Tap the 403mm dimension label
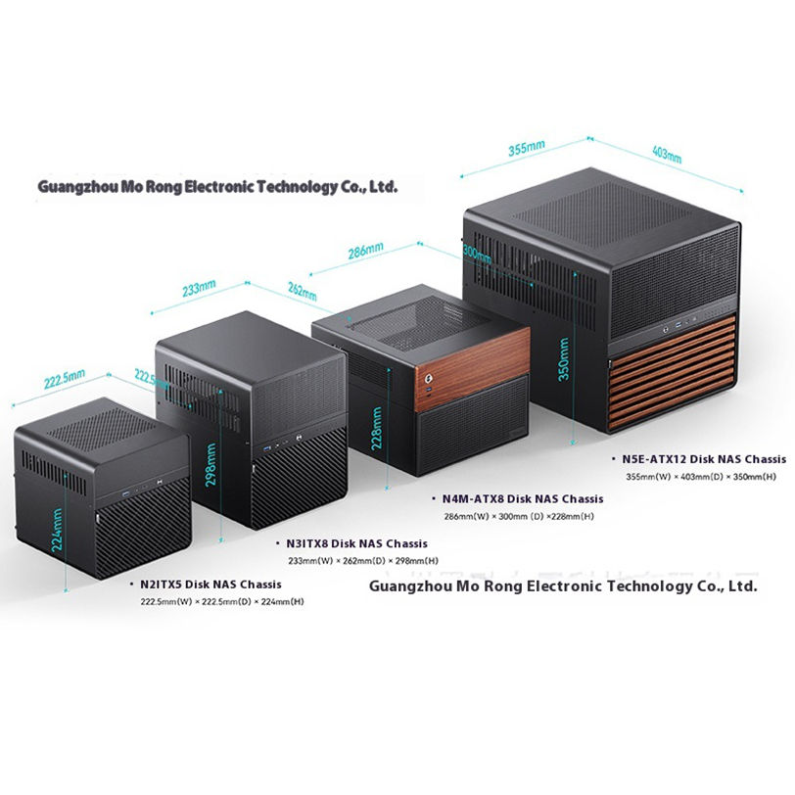(x=666, y=154)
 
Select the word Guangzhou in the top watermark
(x=76, y=185)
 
